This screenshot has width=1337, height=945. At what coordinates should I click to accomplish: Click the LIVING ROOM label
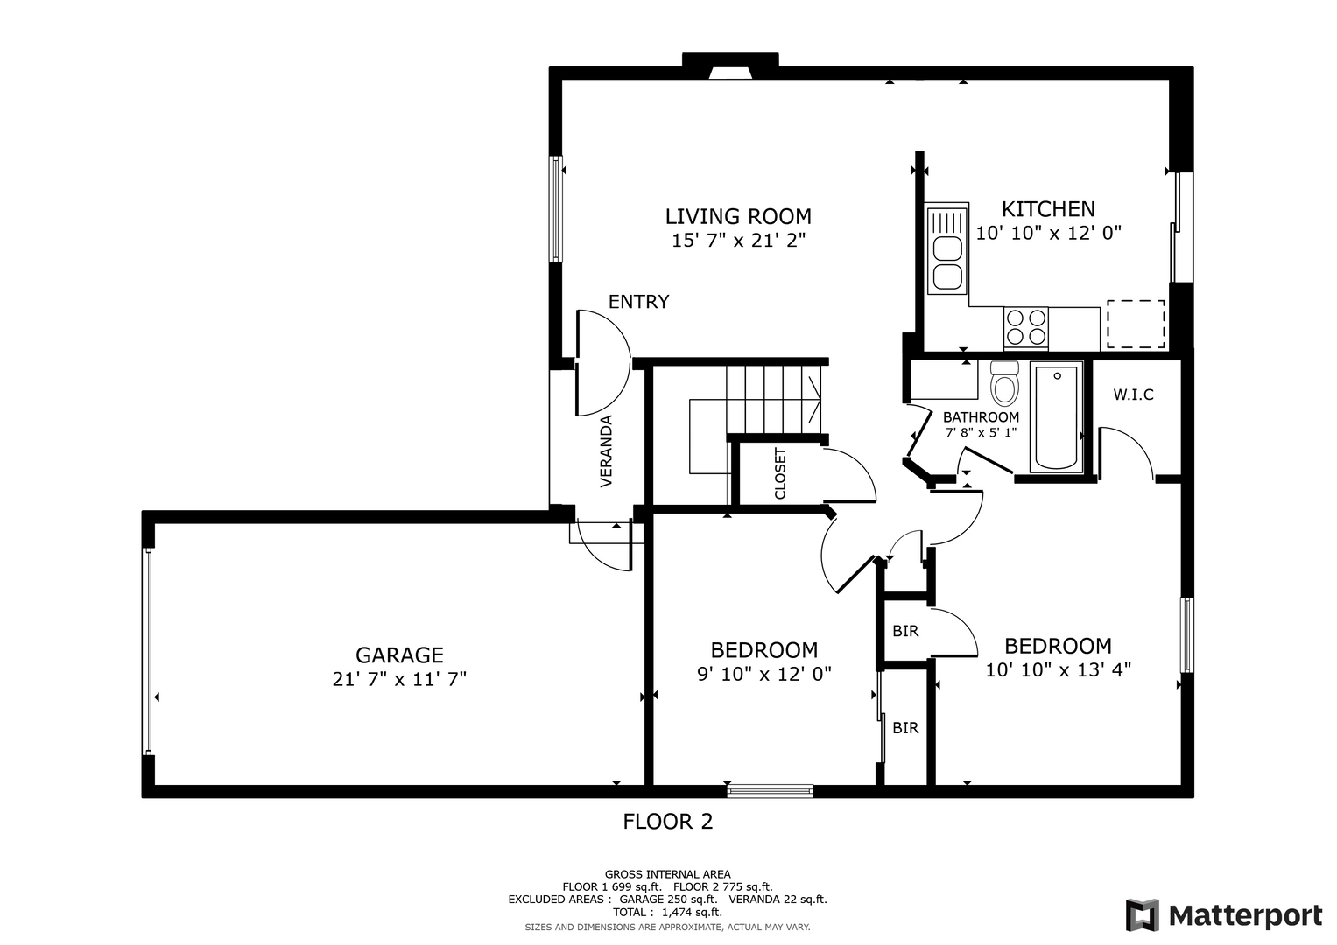click(x=738, y=216)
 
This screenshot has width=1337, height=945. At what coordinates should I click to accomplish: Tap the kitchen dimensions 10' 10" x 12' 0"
click(x=1048, y=233)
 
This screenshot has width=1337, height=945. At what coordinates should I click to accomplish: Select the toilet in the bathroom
click(x=1004, y=383)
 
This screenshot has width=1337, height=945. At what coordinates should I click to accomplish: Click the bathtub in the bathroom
click(x=1057, y=417)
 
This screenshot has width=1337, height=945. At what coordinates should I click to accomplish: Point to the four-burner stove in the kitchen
click(x=1026, y=327)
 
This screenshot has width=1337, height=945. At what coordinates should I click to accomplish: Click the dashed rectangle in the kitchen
click(x=1136, y=324)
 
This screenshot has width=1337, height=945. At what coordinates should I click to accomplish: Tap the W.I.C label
click(x=1133, y=395)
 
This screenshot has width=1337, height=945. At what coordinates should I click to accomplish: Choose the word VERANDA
click(x=607, y=451)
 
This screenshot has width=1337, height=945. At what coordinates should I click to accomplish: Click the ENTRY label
click(x=638, y=302)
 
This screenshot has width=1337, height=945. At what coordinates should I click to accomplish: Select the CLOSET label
click(x=780, y=473)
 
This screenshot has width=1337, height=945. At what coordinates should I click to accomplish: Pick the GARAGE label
click(x=399, y=655)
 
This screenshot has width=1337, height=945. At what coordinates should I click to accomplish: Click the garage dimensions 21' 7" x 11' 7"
click(x=399, y=679)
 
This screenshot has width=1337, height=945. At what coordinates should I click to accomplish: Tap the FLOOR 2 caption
click(x=668, y=822)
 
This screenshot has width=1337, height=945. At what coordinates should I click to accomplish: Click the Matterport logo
click(x=1224, y=914)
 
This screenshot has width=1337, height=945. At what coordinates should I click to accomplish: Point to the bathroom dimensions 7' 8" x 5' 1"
click(x=981, y=432)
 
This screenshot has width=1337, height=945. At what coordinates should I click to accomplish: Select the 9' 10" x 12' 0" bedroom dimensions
click(x=764, y=674)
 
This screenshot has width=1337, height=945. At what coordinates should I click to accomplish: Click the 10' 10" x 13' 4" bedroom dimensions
click(x=1059, y=670)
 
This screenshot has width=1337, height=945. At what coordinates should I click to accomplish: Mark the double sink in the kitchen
click(x=946, y=248)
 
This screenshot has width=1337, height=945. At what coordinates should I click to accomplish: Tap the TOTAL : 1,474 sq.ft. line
click(x=667, y=912)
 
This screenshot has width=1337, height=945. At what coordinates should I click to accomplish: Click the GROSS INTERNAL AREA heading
click(x=667, y=875)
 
